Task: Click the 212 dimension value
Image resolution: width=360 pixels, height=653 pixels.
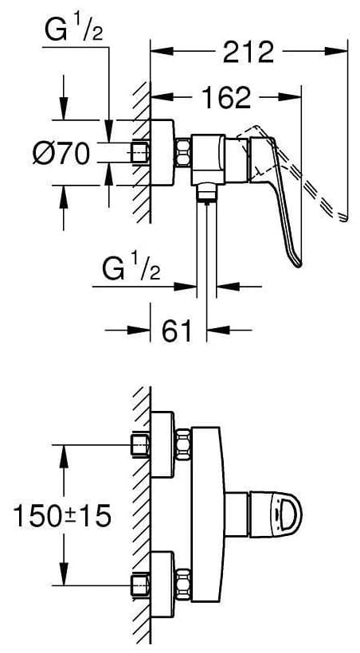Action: point(248,52)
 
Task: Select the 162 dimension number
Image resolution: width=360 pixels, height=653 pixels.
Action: point(226,97)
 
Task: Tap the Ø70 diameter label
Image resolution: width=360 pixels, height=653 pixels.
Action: point(61,153)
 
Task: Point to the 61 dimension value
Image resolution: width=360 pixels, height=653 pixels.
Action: point(178,331)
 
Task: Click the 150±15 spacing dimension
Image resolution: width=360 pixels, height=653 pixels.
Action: point(62,515)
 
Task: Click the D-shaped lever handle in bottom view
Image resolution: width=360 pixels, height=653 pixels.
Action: point(276,513)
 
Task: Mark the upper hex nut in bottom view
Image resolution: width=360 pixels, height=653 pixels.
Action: point(183,444)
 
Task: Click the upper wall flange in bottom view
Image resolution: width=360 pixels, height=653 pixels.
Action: point(162,444)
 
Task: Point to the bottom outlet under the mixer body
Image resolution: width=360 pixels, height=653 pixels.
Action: point(206,194)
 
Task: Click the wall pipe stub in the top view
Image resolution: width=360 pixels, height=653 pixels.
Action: point(140,152)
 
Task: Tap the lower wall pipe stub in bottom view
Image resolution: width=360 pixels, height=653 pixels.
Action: point(140,585)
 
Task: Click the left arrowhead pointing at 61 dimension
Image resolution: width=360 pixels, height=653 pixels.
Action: point(139,330)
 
